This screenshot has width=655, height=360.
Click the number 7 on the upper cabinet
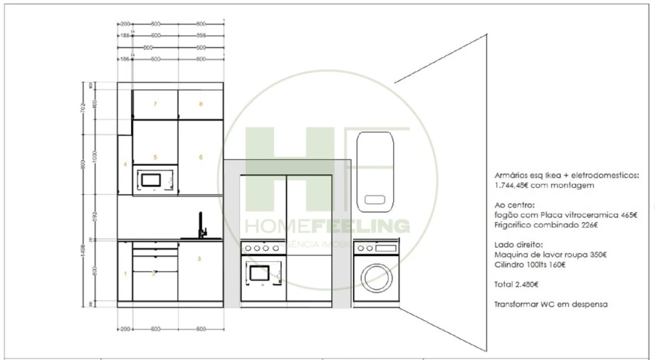coord(154,105)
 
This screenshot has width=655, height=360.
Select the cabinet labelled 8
coord(201,105)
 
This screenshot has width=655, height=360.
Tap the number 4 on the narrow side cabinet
coord(125,164)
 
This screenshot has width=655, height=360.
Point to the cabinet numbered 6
coord(201,157)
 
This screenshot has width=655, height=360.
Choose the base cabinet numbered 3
coord(200,259)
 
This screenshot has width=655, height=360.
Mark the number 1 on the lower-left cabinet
coord(125,273)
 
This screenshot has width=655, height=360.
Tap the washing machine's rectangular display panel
coord(386,247)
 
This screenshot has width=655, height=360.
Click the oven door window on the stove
coord(258,272)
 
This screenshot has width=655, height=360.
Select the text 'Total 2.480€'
coord(516,284)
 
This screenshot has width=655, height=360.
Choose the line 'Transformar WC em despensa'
coord(550,304)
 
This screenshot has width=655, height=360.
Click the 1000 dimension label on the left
coord(93,157)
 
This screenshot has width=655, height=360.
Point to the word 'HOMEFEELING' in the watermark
coord(327,226)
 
